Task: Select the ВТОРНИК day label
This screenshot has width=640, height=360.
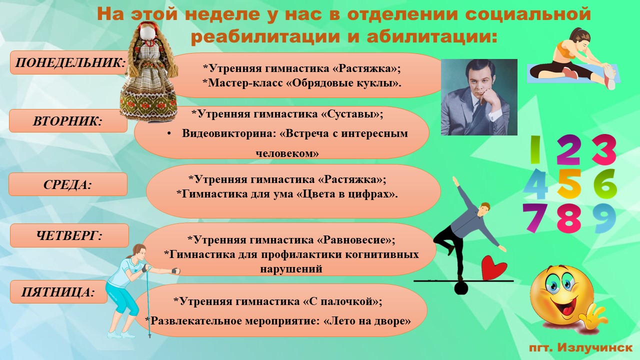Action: tap(67, 121)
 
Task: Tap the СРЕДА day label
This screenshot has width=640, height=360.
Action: tap(67, 184)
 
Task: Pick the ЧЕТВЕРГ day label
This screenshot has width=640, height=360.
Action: tap(69, 235)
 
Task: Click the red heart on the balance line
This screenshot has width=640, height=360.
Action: tap(493, 268)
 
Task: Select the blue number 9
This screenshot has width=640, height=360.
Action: tap(604, 218)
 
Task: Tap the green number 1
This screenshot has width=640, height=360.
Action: tap(535, 149)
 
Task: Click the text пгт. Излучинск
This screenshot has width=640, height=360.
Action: tap(580, 347)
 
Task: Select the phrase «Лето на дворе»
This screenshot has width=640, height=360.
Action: tap(367, 321)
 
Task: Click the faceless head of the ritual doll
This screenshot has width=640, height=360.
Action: tap(149, 31)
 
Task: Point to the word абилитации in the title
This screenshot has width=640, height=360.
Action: tap(431, 37)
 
